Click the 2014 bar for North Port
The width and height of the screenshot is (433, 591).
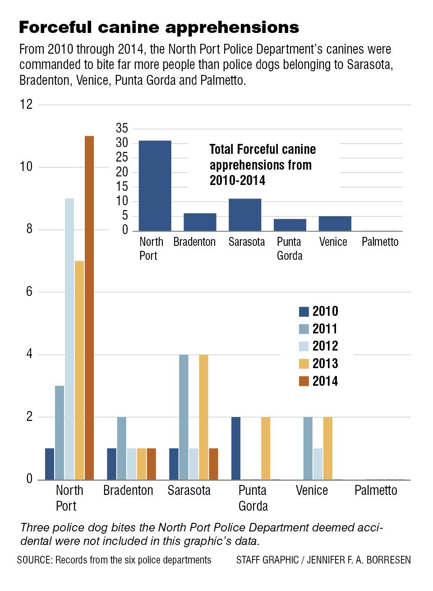point(89,308)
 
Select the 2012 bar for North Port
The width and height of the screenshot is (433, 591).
point(69,339)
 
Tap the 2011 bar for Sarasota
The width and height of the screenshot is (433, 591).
point(184,417)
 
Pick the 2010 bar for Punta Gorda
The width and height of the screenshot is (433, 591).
point(236,448)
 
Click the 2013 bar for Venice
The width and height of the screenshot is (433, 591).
point(328,448)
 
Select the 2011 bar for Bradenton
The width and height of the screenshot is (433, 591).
point(122,448)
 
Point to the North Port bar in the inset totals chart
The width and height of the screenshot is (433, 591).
point(155,186)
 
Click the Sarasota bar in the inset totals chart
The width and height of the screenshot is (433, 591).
point(245,215)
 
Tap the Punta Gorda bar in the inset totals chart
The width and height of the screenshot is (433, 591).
point(290,225)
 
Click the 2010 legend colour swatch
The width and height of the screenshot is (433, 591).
point(304,312)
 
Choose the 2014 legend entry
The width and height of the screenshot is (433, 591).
point(318,381)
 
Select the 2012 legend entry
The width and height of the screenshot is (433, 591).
point(318,346)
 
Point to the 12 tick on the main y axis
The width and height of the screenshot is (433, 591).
point(26,105)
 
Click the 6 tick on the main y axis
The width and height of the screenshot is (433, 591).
point(29,292)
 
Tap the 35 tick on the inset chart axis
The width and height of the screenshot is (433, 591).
point(122,129)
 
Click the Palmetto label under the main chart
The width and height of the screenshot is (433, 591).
point(376,490)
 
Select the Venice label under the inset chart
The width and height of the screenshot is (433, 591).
point(333,242)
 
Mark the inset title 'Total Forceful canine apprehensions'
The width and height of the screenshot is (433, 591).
point(263,157)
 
